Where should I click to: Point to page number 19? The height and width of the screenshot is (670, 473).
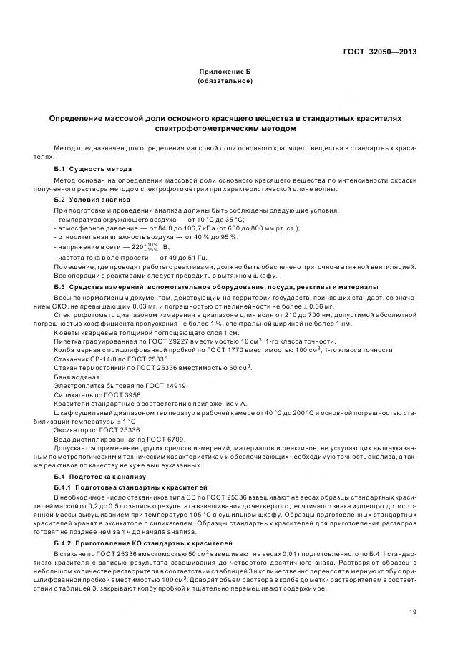pyautogui.click(x=413, y=611)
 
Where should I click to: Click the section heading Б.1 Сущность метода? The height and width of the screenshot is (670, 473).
pyautogui.click(x=92, y=169)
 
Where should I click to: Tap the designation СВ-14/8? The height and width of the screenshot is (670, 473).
pyautogui.click(x=101, y=359)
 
